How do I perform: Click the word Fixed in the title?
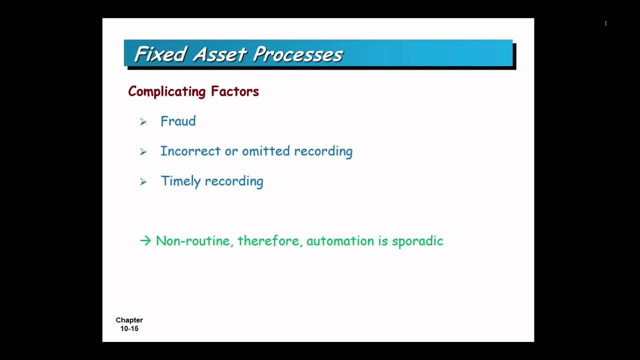pos(160,54)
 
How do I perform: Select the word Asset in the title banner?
pos(220,54)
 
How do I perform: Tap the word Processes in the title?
pos(297,54)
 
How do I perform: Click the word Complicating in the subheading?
pos(166,91)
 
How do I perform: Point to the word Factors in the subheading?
pos(234,91)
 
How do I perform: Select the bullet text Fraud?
pos(178,121)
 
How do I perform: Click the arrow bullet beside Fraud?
pos(143,122)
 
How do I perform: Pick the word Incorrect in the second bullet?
pos(190,151)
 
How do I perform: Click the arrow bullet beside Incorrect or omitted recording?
pos(143,152)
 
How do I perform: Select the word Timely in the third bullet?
pos(180,181)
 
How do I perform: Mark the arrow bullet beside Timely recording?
pos(143,182)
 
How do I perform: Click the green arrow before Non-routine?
pos(145,241)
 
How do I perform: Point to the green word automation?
pos(340,241)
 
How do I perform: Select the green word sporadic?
pos(417,241)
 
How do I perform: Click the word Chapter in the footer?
pos(129,320)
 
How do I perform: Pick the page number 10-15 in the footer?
pos(129,328)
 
